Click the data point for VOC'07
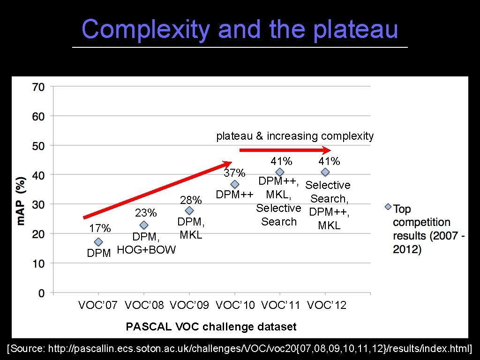(x=98, y=242)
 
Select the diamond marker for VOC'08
(x=144, y=225)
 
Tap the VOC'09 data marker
(x=189, y=211)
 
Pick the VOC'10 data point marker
(x=235, y=185)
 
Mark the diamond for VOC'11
(x=280, y=172)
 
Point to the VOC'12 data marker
(x=325, y=172)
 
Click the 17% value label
(x=100, y=228)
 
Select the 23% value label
(x=145, y=213)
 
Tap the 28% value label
(x=191, y=200)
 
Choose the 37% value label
(x=234, y=173)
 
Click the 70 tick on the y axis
(x=38, y=87)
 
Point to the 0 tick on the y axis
(x=42, y=293)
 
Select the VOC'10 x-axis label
(x=235, y=306)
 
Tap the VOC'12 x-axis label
(x=326, y=306)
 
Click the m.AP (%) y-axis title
(x=21, y=200)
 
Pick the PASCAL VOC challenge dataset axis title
(x=211, y=327)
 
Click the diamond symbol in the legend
(x=388, y=207)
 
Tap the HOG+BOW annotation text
(x=146, y=250)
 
